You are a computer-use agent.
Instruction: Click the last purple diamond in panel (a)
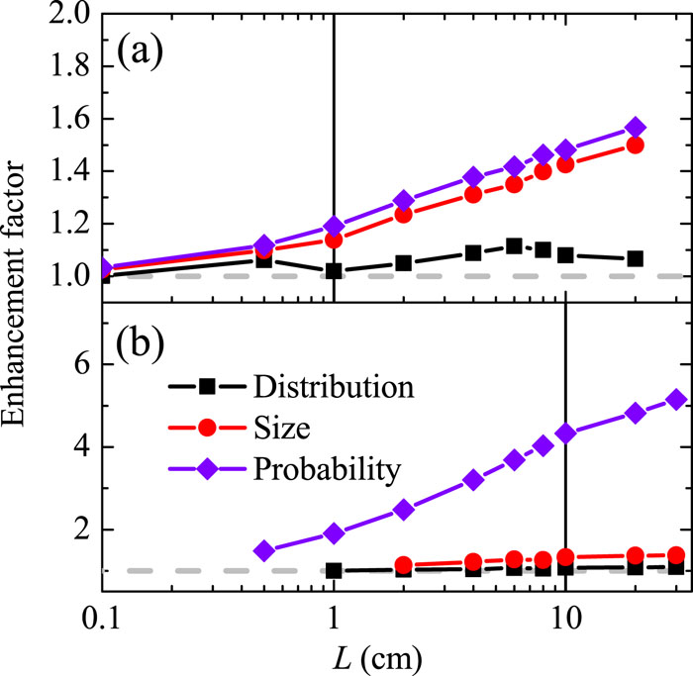636,128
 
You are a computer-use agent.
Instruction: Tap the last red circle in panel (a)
636,145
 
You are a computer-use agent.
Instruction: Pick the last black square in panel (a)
636,258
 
